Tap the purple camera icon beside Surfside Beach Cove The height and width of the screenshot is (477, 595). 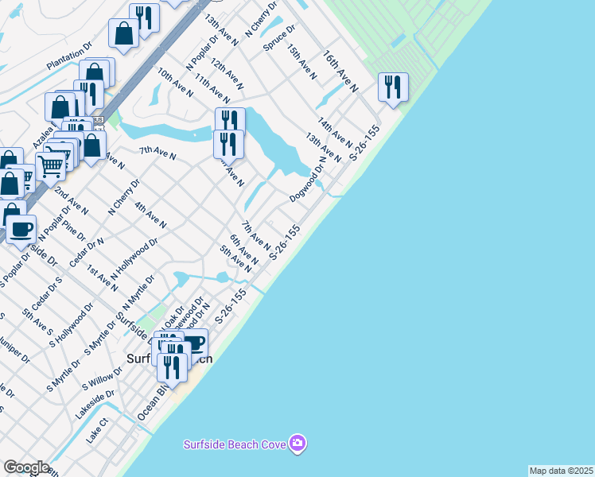click(x=297, y=443)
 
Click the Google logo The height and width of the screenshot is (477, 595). click(x=26, y=467)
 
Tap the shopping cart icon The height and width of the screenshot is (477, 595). click(x=51, y=166)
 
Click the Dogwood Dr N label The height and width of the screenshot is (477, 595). click(x=308, y=183)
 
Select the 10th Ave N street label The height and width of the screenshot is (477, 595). click(x=175, y=82)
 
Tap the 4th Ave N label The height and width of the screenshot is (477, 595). click(x=150, y=215)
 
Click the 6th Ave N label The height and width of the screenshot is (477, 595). click(x=244, y=250)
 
